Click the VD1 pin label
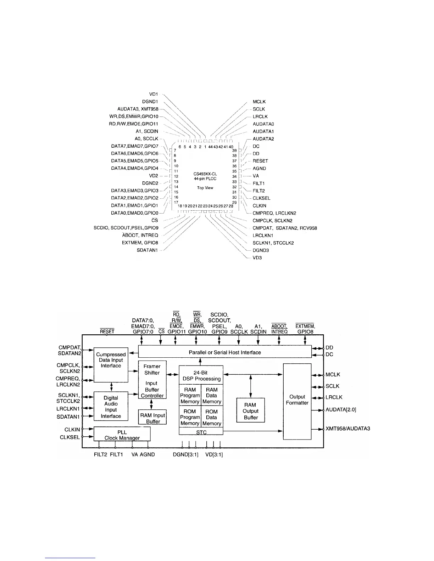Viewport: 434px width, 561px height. (x=153, y=94)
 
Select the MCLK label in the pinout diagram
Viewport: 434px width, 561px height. (x=259, y=102)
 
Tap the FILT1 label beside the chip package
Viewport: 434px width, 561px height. (x=258, y=183)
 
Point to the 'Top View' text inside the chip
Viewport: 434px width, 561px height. (x=205, y=188)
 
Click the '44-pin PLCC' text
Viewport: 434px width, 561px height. (x=205, y=179)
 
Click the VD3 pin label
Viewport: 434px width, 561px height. (x=257, y=258)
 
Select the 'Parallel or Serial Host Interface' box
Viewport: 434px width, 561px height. (x=224, y=352)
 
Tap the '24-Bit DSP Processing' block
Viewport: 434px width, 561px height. (x=201, y=375)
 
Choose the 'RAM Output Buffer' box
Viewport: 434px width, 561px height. (x=251, y=411)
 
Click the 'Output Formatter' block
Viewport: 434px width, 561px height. (x=297, y=400)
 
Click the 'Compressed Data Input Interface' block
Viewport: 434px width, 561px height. (x=111, y=361)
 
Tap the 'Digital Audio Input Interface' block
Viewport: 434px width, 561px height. (x=111, y=407)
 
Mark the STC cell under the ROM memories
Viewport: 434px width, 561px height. (x=201, y=432)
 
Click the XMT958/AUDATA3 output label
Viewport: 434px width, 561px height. (x=347, y=429)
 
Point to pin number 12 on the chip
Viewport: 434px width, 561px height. (x=176, y=176)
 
